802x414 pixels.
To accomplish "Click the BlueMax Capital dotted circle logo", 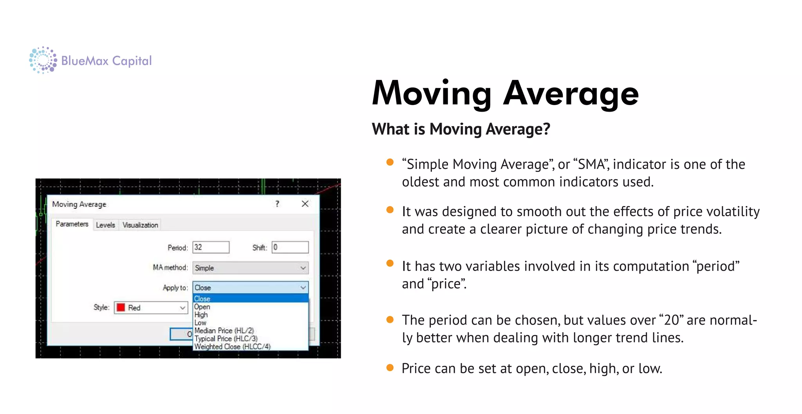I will (x=43, y=60).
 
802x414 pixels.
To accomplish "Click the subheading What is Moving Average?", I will (x=461, y=129).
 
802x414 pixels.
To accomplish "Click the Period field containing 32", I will (x=211, y=247).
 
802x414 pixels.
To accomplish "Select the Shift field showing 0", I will (x=290, y=247).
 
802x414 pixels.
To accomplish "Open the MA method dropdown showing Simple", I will (x=250, y=268).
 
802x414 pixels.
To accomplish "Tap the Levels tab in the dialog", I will (x=105, y=225).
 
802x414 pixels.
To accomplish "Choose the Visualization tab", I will (x=140, y=225).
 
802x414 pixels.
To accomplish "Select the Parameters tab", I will (x=72, y=224).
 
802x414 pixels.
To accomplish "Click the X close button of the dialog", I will (x=305, y=204).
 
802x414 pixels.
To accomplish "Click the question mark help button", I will (x=277, y=204).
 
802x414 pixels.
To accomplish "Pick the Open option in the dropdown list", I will (x=202, y=307).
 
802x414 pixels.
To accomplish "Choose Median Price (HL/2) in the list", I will (x=224, y=331).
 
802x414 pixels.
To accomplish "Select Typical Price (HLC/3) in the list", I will (x=226, y=338).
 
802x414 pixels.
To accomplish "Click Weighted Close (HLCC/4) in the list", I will (x=232, y=347).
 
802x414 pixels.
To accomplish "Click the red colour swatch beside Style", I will (x=121, y=307).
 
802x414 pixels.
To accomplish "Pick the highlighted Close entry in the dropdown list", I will (x=202, y=298).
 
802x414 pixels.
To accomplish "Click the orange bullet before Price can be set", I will (x=390, y=367).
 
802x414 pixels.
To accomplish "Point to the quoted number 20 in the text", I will (x=671, y=320).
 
